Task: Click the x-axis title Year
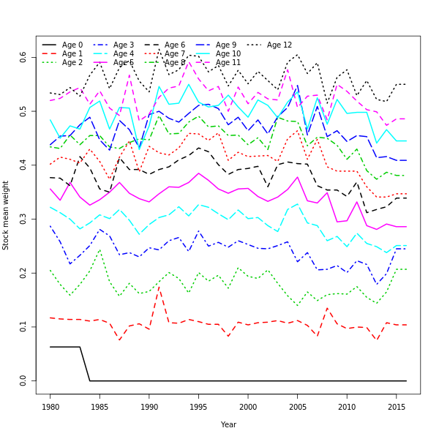[228, 424]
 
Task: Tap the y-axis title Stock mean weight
[6, 215]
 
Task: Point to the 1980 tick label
[50, 406]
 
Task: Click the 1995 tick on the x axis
[198, 406]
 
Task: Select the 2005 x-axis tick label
[297, 406]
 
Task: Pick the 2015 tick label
[396, 406]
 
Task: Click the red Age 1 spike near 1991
[159, 287]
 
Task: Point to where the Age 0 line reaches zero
[90, 380]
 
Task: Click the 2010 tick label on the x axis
[347, 406]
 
